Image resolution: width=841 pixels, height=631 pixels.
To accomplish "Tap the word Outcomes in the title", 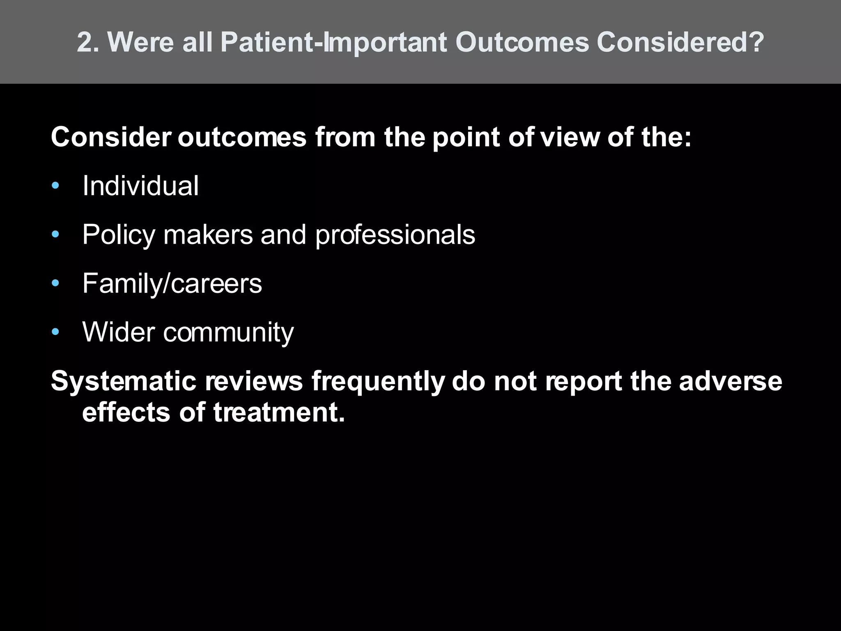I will point(522,42).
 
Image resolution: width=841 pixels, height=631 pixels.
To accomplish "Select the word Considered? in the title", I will point(680,42).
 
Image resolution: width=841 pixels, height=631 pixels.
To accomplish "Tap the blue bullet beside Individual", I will point(55,186).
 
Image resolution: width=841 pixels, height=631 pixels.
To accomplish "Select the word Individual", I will point(140,186).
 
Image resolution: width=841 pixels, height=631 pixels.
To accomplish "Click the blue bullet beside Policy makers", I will point(55,235).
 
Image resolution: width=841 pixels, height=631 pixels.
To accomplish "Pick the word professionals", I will point(395,235).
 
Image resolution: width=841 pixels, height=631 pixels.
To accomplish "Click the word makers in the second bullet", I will point(208,234).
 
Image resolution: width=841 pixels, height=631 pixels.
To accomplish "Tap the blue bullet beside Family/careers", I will point(55,283).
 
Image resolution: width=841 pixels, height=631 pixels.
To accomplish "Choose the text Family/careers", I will point(172,283).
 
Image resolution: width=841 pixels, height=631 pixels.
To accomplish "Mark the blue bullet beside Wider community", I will point(55,332).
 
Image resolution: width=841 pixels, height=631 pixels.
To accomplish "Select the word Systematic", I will point(124,381).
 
